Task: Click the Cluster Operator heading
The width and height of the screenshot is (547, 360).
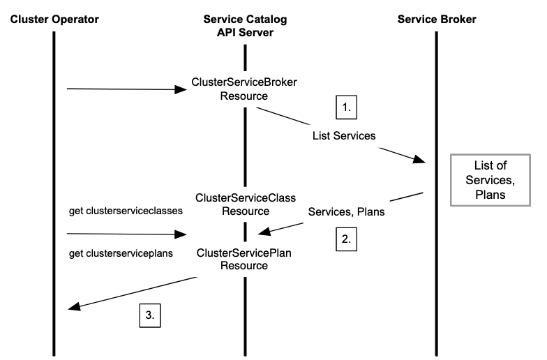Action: pos(54,20)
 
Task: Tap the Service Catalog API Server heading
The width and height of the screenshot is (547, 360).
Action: pos(246,26)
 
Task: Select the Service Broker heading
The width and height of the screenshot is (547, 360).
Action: pos(437,20)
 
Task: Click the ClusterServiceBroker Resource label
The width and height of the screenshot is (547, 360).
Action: pos(244,89)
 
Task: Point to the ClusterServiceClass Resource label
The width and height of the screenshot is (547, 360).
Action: pos(246,204)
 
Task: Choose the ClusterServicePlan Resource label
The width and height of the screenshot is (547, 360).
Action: pos(244,260)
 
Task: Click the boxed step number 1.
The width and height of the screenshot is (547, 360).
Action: pos(346,107)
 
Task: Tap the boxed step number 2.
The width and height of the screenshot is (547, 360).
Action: pos(346,239)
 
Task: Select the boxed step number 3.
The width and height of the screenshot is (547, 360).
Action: pos(150,315)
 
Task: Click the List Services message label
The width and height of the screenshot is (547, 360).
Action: pos(344,135)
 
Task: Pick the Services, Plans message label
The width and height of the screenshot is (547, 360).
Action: pos(346,212)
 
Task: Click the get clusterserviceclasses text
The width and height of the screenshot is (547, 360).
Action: pos(126,211)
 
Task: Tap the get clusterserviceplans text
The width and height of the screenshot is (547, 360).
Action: pos(121,253)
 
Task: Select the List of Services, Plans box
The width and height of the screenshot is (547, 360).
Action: pos(490,180)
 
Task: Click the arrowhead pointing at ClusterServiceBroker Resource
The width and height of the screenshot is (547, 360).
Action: pos(181,89)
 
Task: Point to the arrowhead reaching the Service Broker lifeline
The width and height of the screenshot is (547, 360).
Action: pos(419,159)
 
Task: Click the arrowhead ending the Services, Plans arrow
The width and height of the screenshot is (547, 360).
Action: pos(264,232)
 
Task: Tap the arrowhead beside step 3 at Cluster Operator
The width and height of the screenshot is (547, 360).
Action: pos(74,307)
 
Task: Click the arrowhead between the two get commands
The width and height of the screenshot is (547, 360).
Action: pos(181,234)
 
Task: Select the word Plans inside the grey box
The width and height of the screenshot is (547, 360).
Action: pos(490,195)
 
